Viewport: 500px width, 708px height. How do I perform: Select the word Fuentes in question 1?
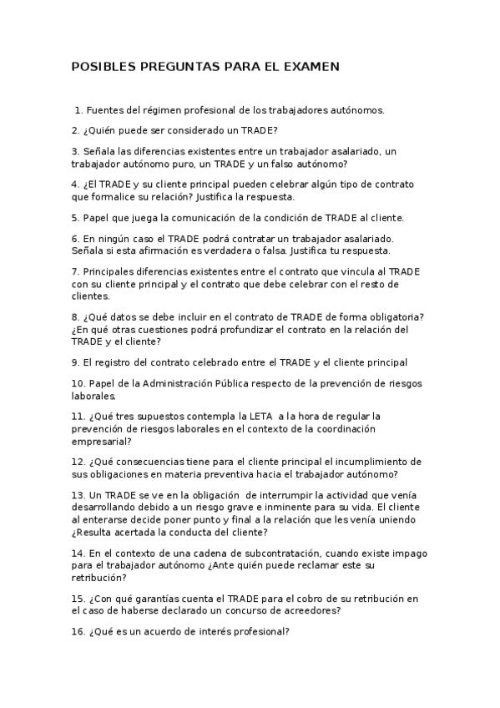pyautogui.click(x=106, y=109)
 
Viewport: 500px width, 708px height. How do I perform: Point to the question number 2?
pyautogui.click(x=75, y=130)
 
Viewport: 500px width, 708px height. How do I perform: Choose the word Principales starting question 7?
pyautogui.click(x=113, y=271)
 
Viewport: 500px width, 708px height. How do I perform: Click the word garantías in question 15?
pyautogui.click(x=144, y=599)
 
